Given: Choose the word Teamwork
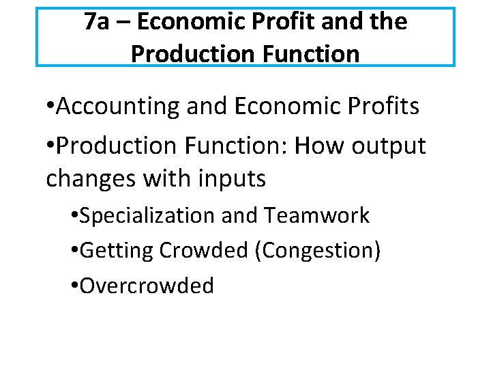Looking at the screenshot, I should [x=317, y=216].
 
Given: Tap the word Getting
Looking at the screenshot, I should [x=117, y=251].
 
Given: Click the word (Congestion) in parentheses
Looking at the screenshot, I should [x=317, y=251].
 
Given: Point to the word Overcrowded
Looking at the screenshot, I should [x=147, y=286].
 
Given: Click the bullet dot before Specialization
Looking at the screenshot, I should [x=74, y=217].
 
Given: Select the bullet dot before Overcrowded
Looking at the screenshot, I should [x=74, y=286].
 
